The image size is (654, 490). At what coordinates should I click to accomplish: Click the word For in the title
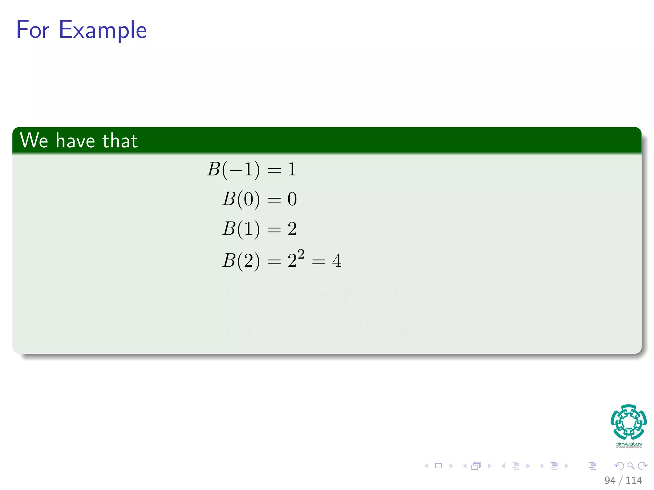33,30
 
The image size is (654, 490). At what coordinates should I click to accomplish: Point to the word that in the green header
120,141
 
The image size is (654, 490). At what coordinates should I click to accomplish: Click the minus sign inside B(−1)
236,170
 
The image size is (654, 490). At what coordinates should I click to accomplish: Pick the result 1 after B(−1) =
292,169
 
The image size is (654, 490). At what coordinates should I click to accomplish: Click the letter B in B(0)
229,199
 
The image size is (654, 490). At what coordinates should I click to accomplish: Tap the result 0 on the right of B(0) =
292,199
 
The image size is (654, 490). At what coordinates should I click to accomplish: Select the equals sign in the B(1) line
274,229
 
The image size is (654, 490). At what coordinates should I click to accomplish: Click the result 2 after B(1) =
292,229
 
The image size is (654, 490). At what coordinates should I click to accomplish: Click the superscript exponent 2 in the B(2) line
301,255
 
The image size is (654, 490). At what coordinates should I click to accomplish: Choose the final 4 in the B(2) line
337,261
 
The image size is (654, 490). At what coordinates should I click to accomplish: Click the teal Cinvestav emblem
628,422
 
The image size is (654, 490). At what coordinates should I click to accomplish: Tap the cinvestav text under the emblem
628,444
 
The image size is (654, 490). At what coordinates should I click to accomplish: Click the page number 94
610,480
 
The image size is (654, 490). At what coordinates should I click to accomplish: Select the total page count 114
634,480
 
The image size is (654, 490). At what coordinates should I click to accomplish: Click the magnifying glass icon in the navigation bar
631,466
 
